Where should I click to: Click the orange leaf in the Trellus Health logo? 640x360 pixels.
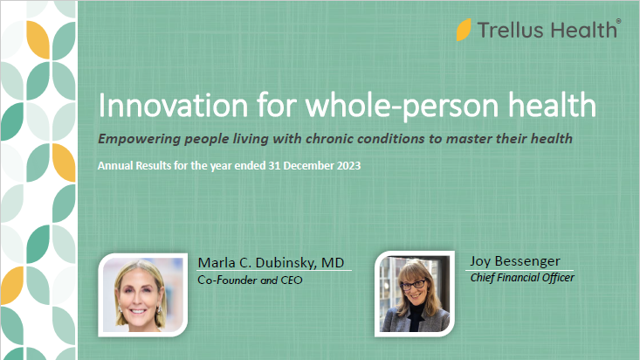[x=464, y=30]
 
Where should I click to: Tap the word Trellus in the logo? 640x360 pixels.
[x=511, y=31]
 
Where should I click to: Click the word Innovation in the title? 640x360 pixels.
[x=173, y=106]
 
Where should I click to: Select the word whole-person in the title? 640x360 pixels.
[x=402, y=107]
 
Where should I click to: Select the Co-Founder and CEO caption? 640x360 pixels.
[x=250, y=280]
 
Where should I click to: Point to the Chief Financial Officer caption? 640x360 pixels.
[x=522, y=278]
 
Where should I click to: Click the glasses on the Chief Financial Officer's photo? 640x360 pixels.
[x=413, y=284]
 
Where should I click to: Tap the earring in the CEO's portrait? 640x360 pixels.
[x=120, y=309]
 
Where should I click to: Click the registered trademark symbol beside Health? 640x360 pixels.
[x=618, y=21]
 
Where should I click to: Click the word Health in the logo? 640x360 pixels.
[x=582, y=31]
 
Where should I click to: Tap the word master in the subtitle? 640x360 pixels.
[x=465, y=139]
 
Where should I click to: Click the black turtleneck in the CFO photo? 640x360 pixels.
[x=416, y=316]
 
